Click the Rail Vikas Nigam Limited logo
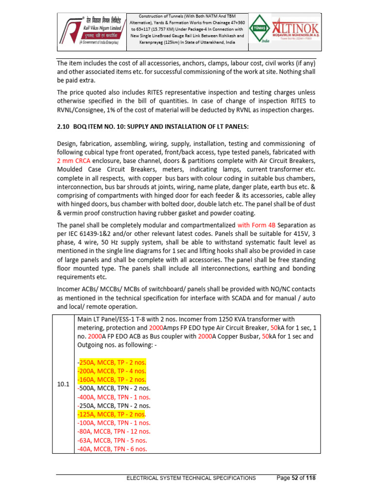(x=92, y=29)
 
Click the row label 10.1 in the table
(x=63, y=384)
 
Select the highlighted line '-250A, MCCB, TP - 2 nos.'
(x=112, y=363)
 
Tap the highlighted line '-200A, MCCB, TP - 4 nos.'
(x=112, y=371)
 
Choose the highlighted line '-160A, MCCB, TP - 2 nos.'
(x=112, y=380)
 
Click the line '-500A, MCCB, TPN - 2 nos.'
(x=114, y=388)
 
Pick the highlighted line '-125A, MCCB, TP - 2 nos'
(x=111, y=414)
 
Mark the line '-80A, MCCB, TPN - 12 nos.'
(x=114, y=431)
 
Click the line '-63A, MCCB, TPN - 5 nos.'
(x=112, y=440)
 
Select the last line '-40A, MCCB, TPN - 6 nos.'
(x=112, y=448)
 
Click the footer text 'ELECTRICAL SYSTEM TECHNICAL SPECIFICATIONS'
(x=191, y=479)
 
